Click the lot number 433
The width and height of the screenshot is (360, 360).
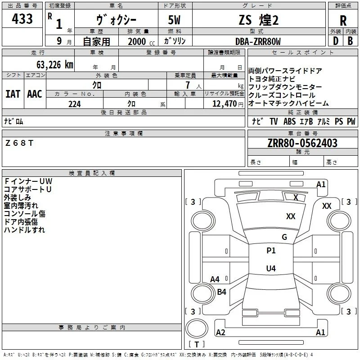coord(22,18)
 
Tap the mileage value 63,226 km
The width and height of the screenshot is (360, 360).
coord(54,65)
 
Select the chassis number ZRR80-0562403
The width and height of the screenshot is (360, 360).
coord(302,143)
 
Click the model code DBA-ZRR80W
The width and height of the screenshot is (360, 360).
coord(258,41)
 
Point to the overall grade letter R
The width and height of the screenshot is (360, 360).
coord(343,21)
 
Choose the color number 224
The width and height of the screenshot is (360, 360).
coord(75,104)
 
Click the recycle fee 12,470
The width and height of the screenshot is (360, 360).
coord(224,103)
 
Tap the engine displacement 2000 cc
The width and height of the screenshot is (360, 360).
coord(141,41)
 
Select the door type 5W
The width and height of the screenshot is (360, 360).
coord(174,20)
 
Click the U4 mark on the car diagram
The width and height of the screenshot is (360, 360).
coord(271,268)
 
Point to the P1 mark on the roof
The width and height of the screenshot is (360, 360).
coord(271,251)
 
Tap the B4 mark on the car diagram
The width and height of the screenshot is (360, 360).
coord(221,292)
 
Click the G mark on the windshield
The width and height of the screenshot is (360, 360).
coord(284,237)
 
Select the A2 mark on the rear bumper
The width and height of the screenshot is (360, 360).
coord(220,332)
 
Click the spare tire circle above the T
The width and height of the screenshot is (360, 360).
coord(197,328)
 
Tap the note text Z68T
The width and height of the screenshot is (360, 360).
coord(19,143)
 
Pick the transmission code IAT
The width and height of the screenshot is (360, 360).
coord(13,94)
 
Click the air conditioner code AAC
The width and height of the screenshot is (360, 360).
coord(35,94)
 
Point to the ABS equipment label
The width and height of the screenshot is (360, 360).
coord(289,121)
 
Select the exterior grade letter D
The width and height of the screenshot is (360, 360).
coord(336,41)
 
